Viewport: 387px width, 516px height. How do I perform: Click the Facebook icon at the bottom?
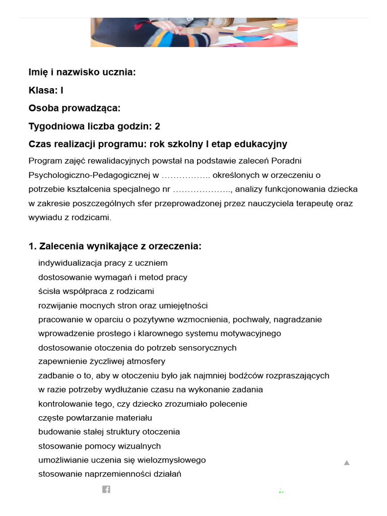106,489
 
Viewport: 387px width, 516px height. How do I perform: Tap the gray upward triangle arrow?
347,463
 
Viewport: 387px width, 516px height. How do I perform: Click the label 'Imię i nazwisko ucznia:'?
82,73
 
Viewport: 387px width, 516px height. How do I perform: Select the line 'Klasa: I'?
46,91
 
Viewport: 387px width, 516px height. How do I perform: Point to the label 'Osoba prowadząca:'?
75,108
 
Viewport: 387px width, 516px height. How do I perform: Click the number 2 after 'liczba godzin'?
158,126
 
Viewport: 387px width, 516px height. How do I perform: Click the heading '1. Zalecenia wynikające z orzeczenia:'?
115,246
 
